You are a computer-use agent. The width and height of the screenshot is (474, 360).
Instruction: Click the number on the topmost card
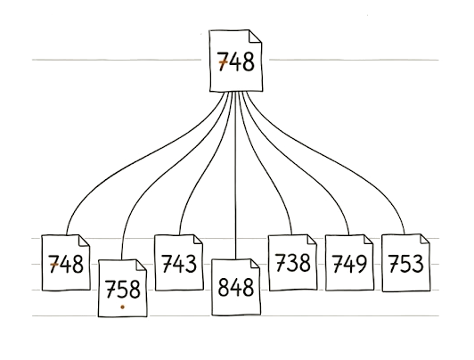(x=236, y=61)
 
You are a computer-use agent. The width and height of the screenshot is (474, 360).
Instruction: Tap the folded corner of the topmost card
(x=255, y=36)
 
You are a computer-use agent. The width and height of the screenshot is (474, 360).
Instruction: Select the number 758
(x=123, y=289)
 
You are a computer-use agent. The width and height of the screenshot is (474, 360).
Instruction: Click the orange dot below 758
(x=122, y=307)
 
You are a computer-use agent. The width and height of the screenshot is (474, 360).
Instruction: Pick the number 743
(x=179, y=263)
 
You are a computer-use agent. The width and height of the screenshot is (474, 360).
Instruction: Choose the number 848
(x=236, y=287)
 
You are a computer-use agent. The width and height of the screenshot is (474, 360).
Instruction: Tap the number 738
(x=293, y=262)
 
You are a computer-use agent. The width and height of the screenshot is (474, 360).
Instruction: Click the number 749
(x=349, y=263)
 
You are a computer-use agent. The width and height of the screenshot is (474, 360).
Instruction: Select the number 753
(x=405, y=263)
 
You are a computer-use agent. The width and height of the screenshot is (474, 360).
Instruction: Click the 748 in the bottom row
(x=66, y=264)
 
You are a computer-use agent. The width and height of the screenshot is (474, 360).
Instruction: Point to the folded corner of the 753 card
(x=424, y=239)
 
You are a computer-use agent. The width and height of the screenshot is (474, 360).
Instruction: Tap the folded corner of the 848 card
(x=254, y=264)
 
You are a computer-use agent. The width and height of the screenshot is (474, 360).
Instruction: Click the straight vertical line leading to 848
(x=235, y=176)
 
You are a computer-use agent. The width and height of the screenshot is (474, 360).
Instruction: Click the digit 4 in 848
(x=236, y=288)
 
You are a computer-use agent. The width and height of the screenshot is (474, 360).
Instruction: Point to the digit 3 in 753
(x=418, y=264)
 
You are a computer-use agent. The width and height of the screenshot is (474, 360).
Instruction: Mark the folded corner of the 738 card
(x=311, y=240)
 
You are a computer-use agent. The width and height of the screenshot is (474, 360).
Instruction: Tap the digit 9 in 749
(x=361, y=264)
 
